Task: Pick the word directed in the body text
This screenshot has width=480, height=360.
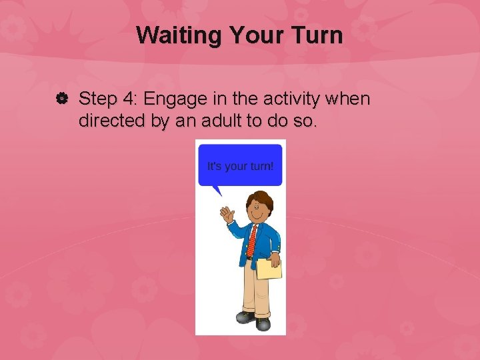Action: pyautogui.click(x=107, y=122)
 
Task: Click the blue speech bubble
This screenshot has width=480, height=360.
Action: pyautogui.click(x=241, y=164)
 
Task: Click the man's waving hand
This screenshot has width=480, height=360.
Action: pyautogui.click(x=227, y=214)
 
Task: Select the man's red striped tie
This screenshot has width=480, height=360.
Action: pyautogui.click(x=252, y=241)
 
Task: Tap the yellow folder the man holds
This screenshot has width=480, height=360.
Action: pyautogui.click(x=269, y=269)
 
